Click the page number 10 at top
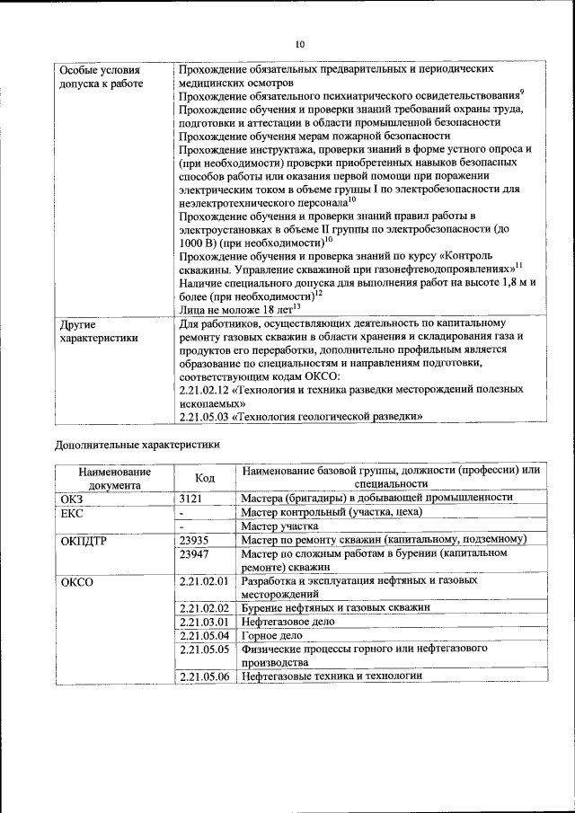[x=300, y=44]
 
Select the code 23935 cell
[x=194, y=539]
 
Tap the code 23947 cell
[x=194, y=554]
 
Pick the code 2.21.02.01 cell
[x=205, y=581]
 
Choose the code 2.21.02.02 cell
[x=205, y=607]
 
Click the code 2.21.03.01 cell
[x=205, y=621]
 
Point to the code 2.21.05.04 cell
[x=205, y=634]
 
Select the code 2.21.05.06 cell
[x=205, y=676]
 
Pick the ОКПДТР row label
[x=83, y=540]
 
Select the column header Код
[x=205, y=477]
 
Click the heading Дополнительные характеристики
[x=137, y=443]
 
